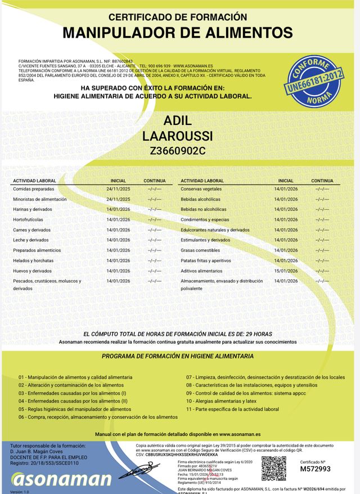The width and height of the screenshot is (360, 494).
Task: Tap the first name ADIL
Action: coord(178,121)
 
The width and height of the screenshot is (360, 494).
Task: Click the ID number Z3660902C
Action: coord(178,151)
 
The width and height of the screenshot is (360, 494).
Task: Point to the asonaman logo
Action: coord(61,479)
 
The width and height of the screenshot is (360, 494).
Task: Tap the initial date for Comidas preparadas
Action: coord(118,189)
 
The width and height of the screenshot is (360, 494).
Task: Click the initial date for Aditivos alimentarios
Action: coord(285,271)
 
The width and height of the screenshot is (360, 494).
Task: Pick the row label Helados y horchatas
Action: coord(33,261)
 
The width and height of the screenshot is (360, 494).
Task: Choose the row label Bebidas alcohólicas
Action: coord(200,199)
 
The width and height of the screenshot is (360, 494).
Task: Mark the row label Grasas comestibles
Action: coord(200,250)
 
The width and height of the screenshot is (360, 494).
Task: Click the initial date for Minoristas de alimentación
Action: coord(118,199)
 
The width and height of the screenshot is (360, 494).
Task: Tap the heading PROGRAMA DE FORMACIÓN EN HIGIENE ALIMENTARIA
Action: coord(178,356)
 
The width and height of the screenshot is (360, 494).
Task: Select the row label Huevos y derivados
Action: coord(32,271)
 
